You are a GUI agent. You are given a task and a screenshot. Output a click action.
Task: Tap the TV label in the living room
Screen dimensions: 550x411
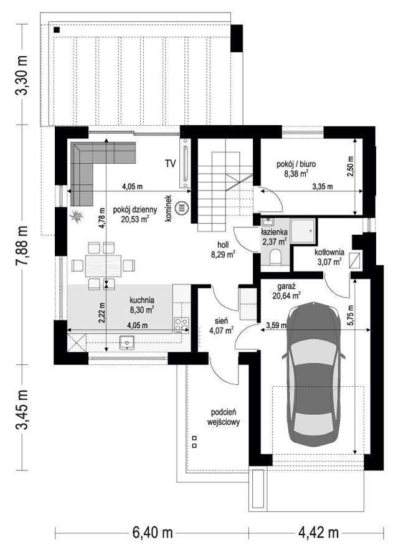[x=170, y=164]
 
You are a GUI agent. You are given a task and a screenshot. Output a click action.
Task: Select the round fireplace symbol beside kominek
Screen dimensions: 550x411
[x=181, y=207]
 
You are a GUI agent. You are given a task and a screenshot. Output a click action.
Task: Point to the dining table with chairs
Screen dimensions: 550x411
[x=104, y=265]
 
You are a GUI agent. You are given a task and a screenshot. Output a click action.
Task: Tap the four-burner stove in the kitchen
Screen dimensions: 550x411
[x=181, y=324]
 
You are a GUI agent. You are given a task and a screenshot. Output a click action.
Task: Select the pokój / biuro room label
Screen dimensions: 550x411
[x=296, y=164]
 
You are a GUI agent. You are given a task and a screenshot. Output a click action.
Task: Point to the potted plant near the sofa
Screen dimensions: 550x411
[x=77, y=217]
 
